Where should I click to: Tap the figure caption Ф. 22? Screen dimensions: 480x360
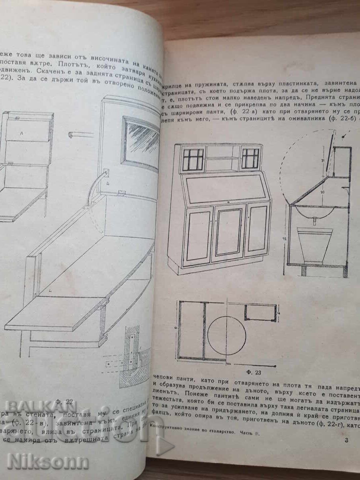(64, 401)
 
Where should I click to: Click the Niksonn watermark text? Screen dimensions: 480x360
(48, 462)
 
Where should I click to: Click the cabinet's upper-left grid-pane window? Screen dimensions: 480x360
(193, 159)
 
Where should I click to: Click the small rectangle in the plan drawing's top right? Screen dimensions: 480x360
(260, 312)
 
